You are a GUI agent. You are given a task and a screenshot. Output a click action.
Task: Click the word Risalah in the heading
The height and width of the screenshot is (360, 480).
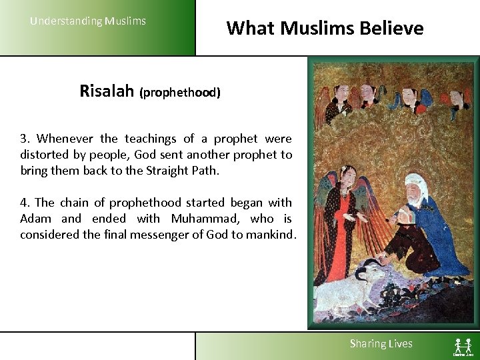(x=107, y=91)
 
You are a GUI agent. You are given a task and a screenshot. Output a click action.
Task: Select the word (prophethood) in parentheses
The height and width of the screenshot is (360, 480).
(x=179, y=93)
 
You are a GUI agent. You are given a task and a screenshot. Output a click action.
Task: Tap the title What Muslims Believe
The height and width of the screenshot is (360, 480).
(x=325, y=28)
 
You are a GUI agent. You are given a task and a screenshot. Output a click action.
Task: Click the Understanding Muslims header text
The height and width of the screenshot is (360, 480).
(x=87, y=21)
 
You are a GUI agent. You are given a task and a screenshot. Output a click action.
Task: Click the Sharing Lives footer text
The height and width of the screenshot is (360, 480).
(x=381, y=344)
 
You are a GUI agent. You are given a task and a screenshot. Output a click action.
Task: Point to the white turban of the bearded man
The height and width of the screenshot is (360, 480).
(x=416, y=183)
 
